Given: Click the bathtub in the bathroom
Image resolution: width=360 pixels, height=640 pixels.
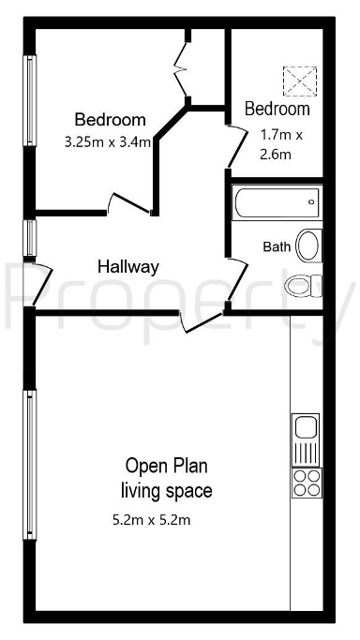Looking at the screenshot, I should (x=276, y=201).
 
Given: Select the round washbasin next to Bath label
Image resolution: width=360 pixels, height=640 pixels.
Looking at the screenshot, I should (x=307, y=246).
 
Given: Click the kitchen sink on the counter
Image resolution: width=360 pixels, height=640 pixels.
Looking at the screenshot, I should (x=307, y=429).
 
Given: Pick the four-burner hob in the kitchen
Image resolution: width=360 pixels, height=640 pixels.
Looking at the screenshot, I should (x=307, y=482).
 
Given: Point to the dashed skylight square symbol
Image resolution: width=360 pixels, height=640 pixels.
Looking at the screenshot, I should (x=301, y=81).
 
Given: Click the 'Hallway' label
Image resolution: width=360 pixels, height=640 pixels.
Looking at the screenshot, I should (x=128, y=267).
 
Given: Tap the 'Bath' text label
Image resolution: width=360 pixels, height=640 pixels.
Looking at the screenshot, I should (x=276, y=247).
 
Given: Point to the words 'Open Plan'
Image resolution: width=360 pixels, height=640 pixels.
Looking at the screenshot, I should (x=166, y=466).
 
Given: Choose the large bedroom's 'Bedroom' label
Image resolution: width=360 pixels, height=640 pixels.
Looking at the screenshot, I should (x=110, y=120).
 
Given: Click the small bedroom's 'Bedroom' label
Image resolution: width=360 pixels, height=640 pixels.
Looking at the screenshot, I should (x=277, y=110).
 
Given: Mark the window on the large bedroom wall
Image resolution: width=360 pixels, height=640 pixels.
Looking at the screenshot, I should (x=31, y=100).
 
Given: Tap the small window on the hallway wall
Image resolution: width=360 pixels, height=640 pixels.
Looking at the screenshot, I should (x=31, y=237).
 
